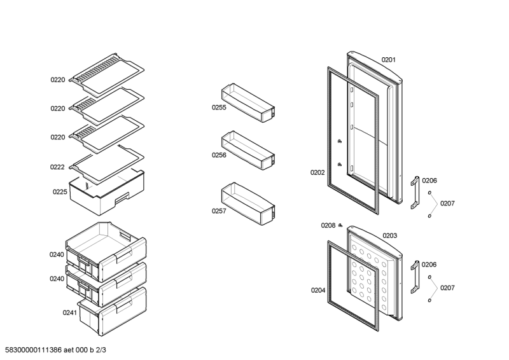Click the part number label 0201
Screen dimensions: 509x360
click(388, 60)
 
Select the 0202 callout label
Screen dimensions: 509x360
click(317, 173)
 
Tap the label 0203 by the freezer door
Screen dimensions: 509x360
click(389, 236)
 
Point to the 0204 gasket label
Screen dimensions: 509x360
click(318, 291)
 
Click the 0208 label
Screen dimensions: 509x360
click(328, 226)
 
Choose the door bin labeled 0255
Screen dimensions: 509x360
click(248, 102)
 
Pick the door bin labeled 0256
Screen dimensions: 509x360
click(248, 150)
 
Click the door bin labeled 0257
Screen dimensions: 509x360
click(248, 204)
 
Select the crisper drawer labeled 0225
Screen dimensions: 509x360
click(106, 193)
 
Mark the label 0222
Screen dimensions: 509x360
click(57, 167)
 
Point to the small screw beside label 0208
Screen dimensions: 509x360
click(340, 225)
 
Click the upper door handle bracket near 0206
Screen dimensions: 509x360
click(415, 193)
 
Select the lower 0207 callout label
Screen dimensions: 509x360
click(447, 288)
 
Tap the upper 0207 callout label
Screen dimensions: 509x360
click(447, 204)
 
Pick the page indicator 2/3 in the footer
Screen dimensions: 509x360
click(101, 350)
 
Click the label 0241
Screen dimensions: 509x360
click(70, 312)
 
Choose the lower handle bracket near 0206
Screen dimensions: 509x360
click(415, 277)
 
